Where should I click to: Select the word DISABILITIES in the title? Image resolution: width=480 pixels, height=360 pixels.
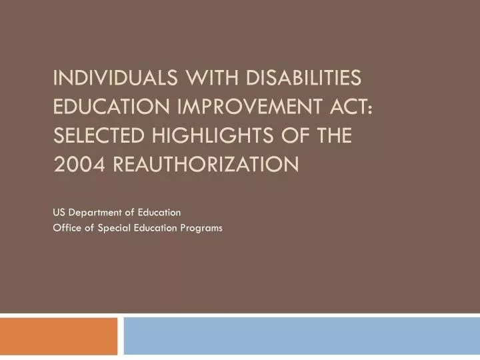coord(303,79)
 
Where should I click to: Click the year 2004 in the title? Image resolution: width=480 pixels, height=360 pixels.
coord(76,162)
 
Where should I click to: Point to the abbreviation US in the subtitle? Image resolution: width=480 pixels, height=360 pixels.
coord(59,213)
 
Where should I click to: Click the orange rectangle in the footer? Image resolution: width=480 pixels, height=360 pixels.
coord(59,337)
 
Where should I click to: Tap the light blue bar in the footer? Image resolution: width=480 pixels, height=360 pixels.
coord(301,337)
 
